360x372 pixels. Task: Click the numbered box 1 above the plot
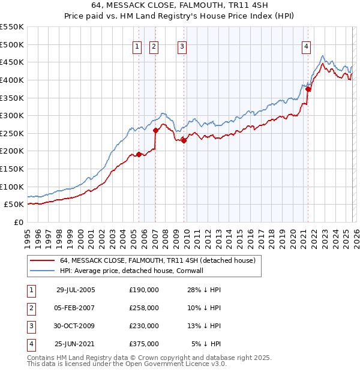[x=137, y=46]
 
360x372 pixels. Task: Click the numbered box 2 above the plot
[x=154, y=46]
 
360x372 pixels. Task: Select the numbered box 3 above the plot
[x=182, y=46]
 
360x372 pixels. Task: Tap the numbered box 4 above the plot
[x=306, y=46]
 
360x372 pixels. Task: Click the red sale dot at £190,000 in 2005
[x=139, y=154]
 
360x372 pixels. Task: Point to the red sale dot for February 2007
[x=155, y=130]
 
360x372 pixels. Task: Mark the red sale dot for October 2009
[x=184, y=140]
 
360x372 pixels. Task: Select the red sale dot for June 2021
[x=308, y=89]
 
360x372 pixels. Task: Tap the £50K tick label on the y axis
[x=14, y=205]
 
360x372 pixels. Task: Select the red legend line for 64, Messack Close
[x=42, y=260]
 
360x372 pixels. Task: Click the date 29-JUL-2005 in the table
[x=75, y=290]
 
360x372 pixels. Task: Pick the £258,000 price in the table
[x=143, y=308]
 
